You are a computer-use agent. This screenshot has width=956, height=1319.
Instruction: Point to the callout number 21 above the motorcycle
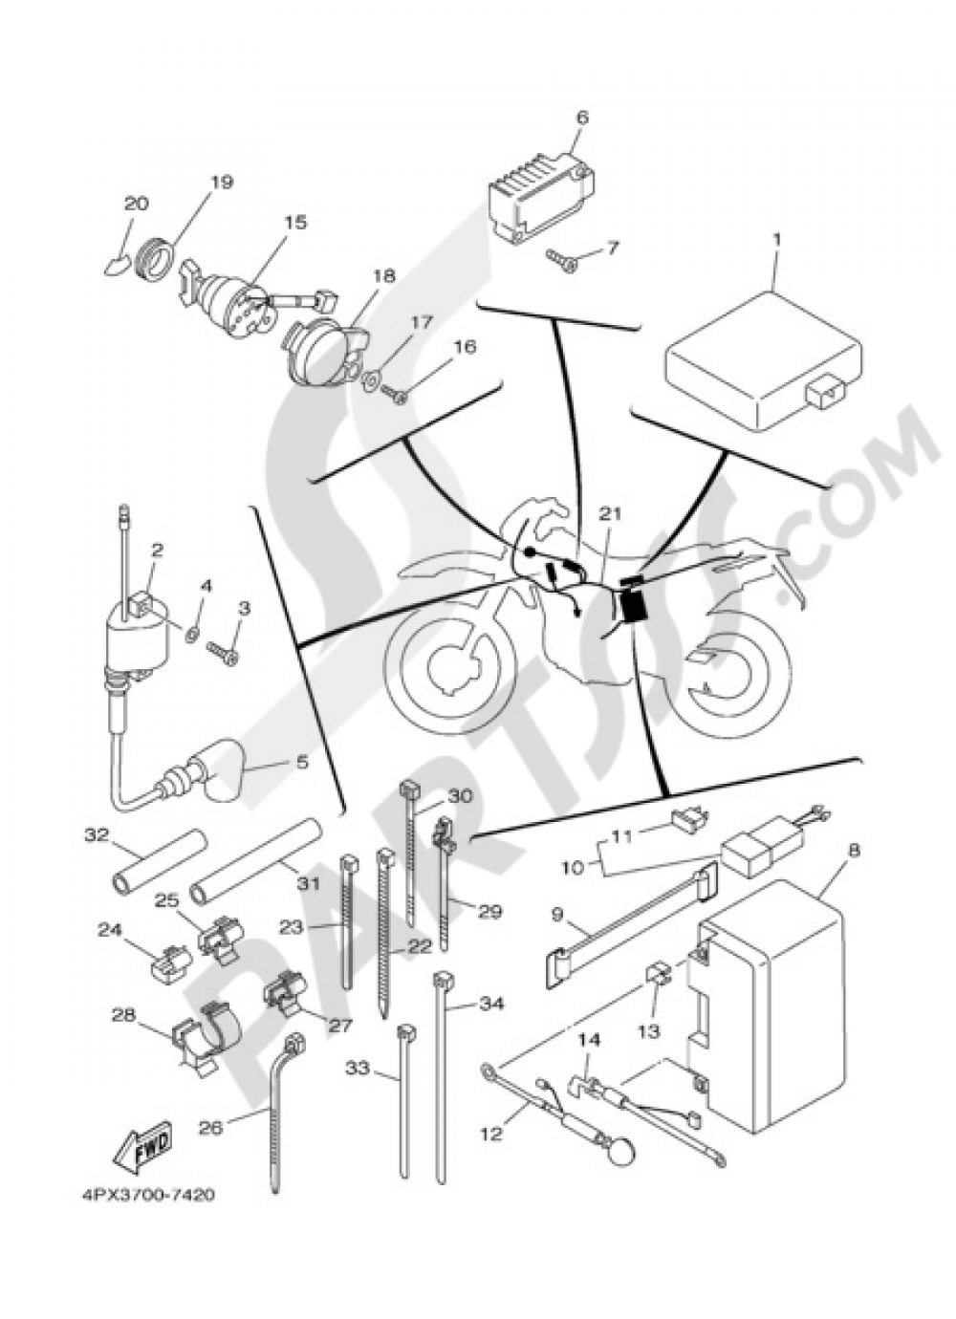click(611, 514)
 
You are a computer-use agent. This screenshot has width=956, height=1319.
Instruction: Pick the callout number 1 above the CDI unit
click(777, 240)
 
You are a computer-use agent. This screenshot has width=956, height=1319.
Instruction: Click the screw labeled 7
click(560, 259)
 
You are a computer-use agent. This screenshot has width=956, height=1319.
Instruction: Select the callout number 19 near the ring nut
click(222, 182)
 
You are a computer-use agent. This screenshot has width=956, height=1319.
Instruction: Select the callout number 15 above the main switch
click(296, 222)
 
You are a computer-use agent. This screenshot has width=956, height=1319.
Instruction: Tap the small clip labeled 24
click(172, 963)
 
